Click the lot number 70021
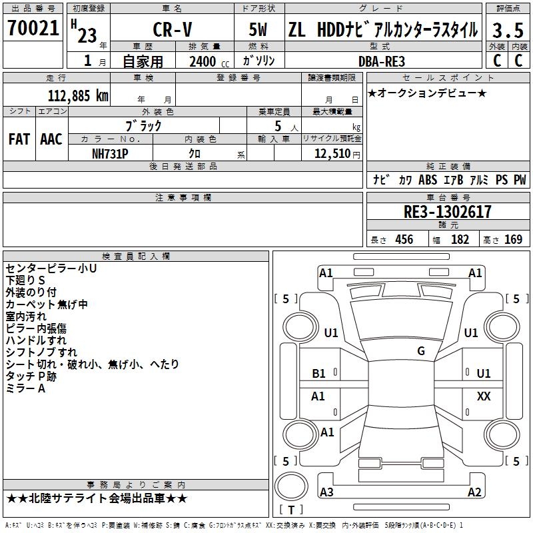pos(33,29)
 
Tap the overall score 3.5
pos(506,30)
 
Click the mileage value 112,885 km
pos(78,95)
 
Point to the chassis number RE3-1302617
pos(448,212)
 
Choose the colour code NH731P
pos(110,153)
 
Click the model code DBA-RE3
pos(382,61)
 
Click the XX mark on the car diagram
pos(484,396)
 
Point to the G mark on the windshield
pos(421,350)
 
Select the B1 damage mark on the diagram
pos(319,374)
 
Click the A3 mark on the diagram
pos(326,492)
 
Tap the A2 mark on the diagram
pos(474,492)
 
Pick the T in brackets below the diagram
pos(291,510)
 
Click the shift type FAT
pos(19,139)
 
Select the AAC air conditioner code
pos(51,139)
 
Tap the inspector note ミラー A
pos(25,388)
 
